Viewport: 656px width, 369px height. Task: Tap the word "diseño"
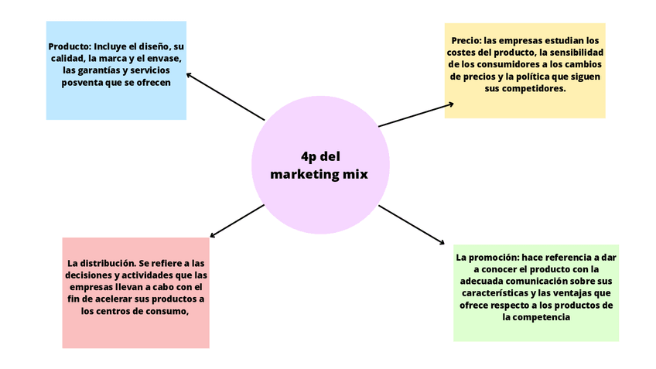tap(155, 46)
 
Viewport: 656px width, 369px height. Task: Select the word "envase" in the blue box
tap(164, 58)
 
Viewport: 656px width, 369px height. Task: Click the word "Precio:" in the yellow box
tap(467, 40)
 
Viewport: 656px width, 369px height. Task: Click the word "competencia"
tap(542, 317)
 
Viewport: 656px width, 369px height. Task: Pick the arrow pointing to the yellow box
tap(415, 114)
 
